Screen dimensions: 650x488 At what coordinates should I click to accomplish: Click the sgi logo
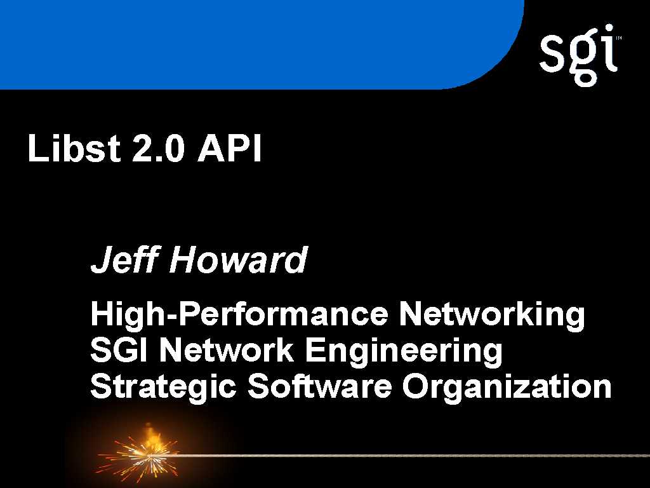(579, 55)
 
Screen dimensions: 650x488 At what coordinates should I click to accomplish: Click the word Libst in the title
(74, 147)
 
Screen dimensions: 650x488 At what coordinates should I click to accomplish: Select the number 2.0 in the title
(157, 148)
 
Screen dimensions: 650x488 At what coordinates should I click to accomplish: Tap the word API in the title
(229, 148)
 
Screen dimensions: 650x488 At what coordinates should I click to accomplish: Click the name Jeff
(124, 259)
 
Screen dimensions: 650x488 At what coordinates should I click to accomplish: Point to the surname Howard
(238, 259)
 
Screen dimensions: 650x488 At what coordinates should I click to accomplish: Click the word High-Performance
(239, 315)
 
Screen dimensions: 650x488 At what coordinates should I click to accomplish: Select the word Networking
(492, 315)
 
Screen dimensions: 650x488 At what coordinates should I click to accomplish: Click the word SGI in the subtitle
(119, 350)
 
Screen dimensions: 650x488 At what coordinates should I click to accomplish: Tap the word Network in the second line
(227, 350)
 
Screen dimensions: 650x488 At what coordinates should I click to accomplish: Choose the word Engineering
(403, 351)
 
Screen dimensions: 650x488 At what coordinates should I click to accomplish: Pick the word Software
(319, 386)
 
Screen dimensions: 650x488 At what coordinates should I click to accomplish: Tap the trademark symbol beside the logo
(619, 37)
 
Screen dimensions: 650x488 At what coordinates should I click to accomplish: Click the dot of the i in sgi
(609, 30)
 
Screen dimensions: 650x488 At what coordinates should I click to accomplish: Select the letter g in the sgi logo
(584, 62)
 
